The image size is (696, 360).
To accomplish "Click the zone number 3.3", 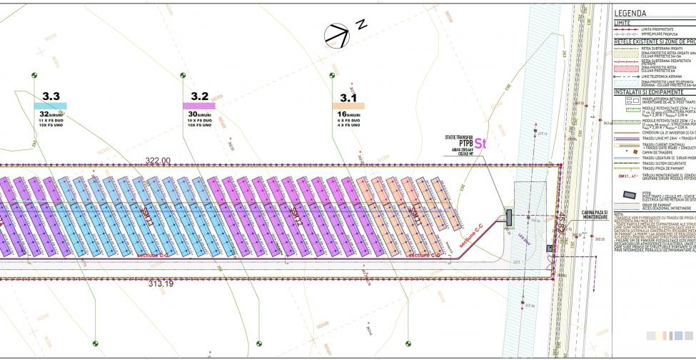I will click(51, 96).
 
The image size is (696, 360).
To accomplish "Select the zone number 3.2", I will click(200, 96).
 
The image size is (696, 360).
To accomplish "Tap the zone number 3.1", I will click(348, 96).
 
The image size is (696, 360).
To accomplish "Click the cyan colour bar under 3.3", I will click(51, 106).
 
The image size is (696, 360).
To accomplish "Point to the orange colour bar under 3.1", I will click(348, 106).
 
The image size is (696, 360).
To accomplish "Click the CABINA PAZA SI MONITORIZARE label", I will click(595, 214).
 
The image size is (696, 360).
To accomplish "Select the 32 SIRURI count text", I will click(51, 114).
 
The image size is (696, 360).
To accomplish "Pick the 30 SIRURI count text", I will click(200, 114).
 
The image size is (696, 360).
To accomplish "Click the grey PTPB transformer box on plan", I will click(509, 216).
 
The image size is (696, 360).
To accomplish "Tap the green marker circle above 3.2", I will click(183, 75).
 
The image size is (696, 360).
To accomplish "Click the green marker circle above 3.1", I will click(332, 75).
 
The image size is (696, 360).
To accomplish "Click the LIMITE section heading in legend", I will click(623, 22).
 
